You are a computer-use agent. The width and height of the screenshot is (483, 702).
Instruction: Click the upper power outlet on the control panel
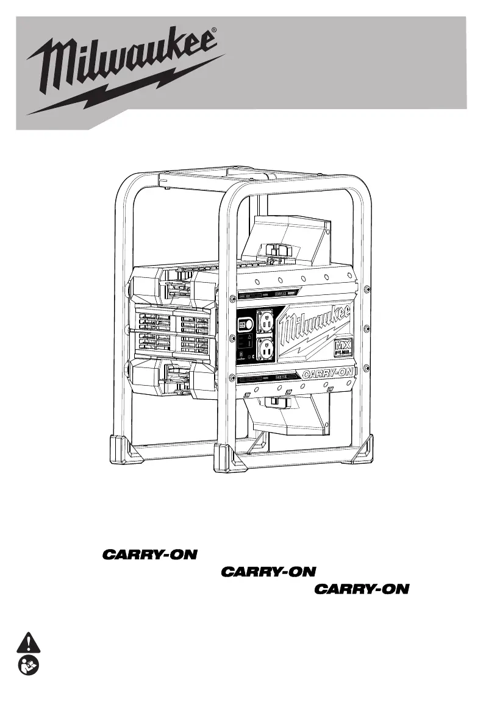pyautogui.click(x=266, y=321)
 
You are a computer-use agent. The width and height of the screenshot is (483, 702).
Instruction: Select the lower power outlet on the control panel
pyautogui.click(x=266, y=349)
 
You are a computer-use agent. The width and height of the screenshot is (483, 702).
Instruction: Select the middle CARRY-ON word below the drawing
pyautogui.click(x=269, y=572)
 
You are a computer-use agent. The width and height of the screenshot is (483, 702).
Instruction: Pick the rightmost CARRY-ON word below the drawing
pyautogui.click(x=364, y=589)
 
